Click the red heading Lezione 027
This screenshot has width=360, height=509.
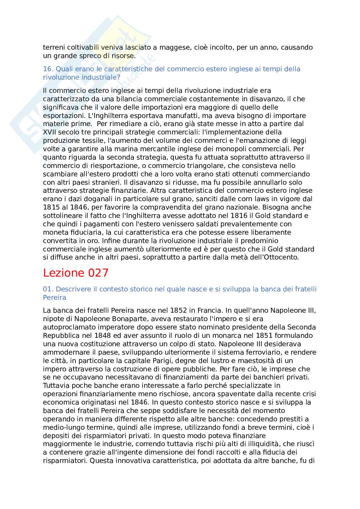pos(76,273)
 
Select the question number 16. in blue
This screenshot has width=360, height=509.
pos(48,69)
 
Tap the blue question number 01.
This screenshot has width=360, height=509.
pos(48,289)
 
